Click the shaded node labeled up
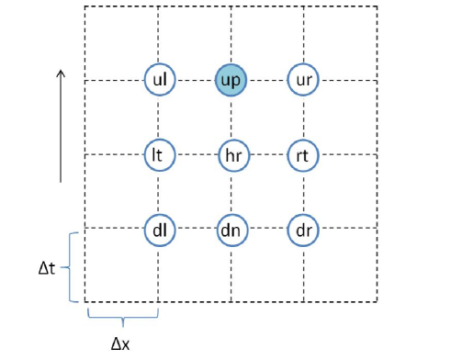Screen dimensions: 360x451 click(x=231, y=80)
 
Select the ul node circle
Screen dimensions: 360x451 click(x=159, y=80)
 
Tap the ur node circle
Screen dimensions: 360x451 click(x=303, y=80)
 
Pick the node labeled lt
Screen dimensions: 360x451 click(x=159, y=154)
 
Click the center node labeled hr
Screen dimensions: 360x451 click(x=231, y=154)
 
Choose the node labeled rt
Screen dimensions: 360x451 click(x=303, y=154)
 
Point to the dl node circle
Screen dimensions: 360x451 click(x=159, y=228)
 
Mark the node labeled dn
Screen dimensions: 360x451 click(x=231, y=228)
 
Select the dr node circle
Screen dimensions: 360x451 click(x=303, y=228)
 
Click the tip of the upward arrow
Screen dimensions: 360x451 click(x=61, y=71)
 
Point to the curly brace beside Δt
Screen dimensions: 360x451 click(x=73, y=266)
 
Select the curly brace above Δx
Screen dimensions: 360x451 click(x=122, y=316)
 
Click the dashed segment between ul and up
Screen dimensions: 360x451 click(x=195, y=80)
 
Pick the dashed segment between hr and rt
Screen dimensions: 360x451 click(x=266, y=154)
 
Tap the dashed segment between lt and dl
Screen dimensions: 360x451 click(x=159, y=191)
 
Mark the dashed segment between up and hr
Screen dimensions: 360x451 click(x=231, y=118)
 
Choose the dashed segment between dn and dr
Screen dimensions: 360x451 click(x=266, y=228)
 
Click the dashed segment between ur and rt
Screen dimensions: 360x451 click(x=303, y=118)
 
